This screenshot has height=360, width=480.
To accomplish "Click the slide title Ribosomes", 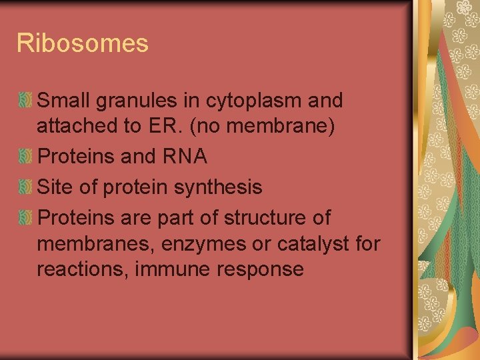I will point(82,44).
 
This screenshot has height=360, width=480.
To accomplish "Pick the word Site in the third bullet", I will point(55,187).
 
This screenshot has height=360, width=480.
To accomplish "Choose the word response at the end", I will point(267,270).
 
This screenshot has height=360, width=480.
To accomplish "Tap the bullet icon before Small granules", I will point(25,101).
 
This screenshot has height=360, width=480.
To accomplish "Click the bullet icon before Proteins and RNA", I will point(25,157).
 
